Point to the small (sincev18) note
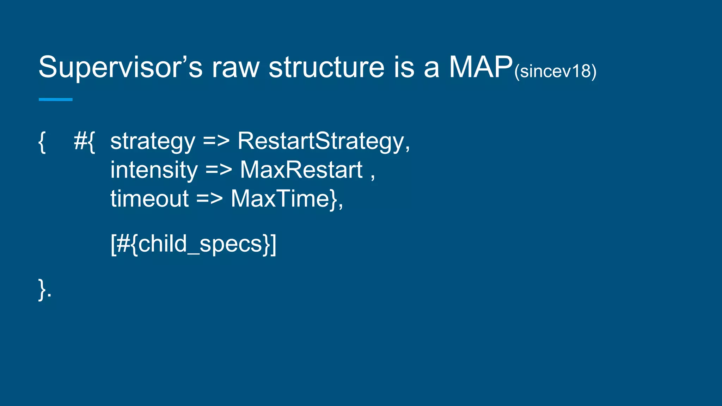555,72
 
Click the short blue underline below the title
55,100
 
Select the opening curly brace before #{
42,142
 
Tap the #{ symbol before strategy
84,142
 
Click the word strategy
153,142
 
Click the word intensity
154,170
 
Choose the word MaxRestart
301,170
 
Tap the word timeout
149,199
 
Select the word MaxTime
280,199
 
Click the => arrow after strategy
216,142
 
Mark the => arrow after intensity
219,170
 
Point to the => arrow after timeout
209,199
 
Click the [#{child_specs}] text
193,244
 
